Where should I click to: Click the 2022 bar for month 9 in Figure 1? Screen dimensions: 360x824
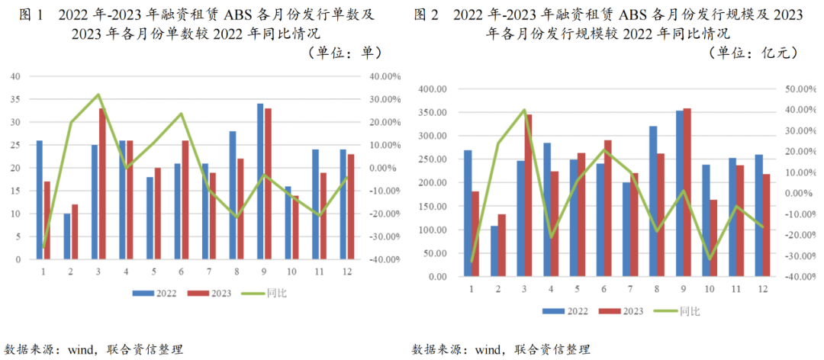(x=260, y=182)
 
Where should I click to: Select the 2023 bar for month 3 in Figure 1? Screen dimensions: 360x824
(x=102, y=184)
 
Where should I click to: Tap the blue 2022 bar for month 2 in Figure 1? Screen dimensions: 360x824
(x=67, y=236)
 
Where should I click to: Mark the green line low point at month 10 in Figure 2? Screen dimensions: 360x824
(x=710, y=259)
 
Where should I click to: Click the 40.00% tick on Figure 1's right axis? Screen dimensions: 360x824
(x=385, y=76)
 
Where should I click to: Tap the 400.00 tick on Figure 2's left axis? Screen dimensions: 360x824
(x=432, y=89)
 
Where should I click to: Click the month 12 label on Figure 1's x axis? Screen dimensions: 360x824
(x=343, y=271)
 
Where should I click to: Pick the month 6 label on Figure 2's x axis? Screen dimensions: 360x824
(x=604, y=288)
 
